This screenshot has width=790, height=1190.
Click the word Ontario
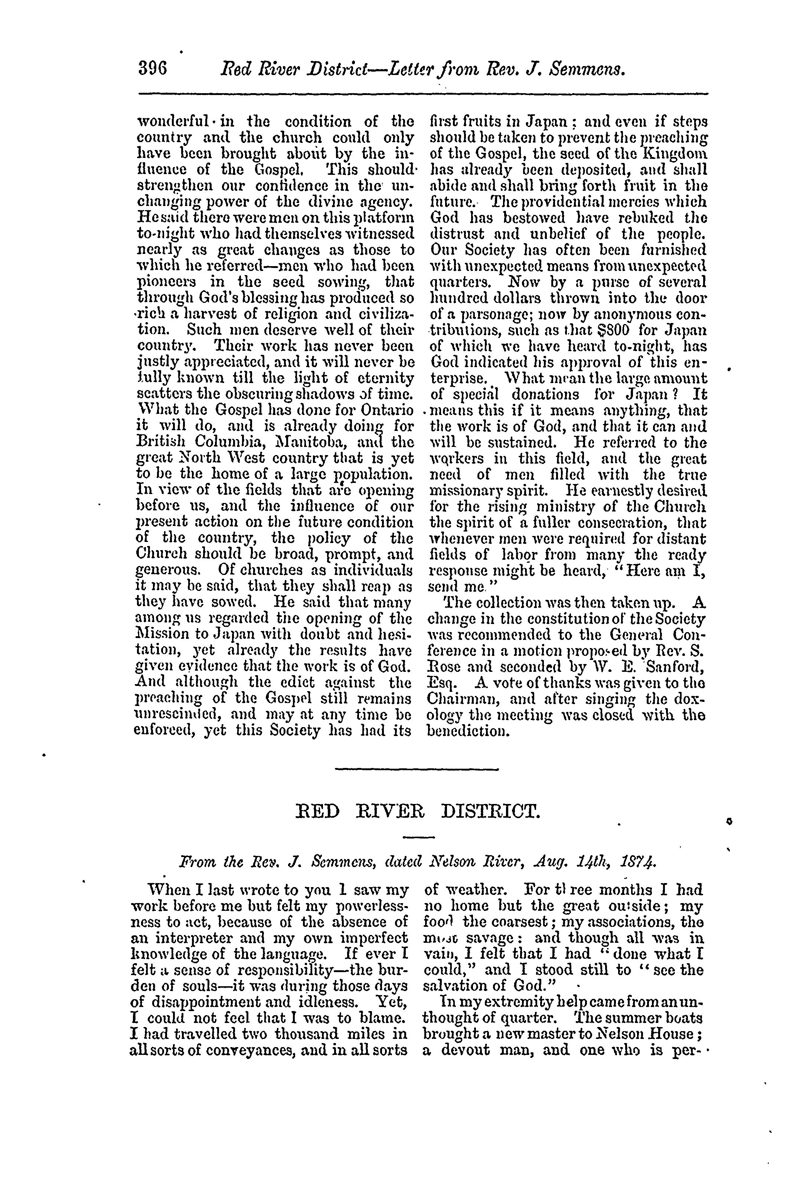pyautogui.click(x=385, y=411)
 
